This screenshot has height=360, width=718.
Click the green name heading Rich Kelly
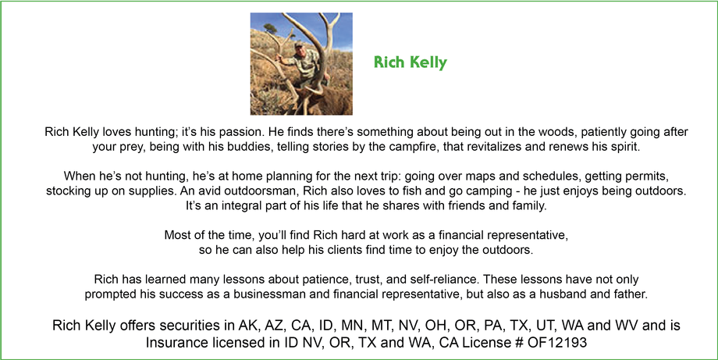point(411,62)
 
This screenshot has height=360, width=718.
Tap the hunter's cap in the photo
point(299,45)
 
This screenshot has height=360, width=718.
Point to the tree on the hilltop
point(271,28)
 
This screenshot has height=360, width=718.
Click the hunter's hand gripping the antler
point(279,58)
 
